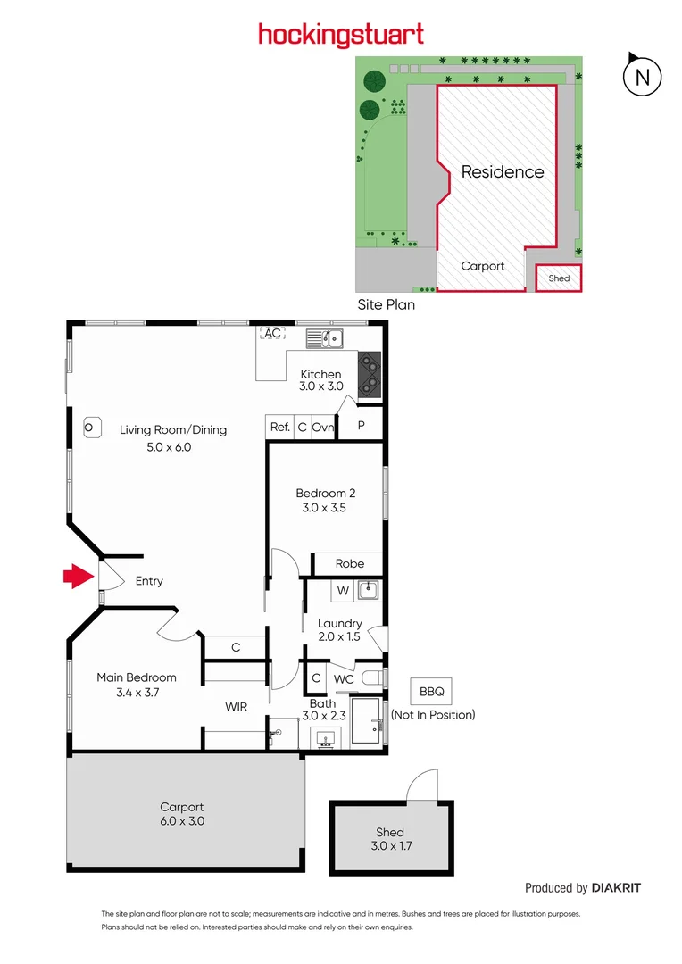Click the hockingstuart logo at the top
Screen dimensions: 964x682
[x=341, y=35]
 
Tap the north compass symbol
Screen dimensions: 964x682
[x=641, y=77]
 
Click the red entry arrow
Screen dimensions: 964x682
[x=78, y=578]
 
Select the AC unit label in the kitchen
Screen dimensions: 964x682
[x=271, y=334]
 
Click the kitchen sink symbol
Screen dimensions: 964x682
[x=325, y=338]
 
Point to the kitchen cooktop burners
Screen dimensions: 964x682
[x=370, y=375]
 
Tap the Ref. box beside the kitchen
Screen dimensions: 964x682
[x=280, y=428]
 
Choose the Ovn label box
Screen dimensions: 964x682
[x=323, y=428]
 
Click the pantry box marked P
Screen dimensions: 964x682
[x=362, y=426]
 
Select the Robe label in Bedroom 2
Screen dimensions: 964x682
[x=349, y=564]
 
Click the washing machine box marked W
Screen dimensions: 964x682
[x=342, y=590]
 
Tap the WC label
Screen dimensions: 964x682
[x=344, y=679]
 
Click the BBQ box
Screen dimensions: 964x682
[x=432, y=691]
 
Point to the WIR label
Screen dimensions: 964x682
[x=236, y=707]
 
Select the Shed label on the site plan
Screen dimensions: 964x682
[x=559, y=278]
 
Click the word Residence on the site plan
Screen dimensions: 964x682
[x=503, y=172]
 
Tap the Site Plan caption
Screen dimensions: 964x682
[x=386, y=304]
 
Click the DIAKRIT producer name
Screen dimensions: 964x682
[x=616, y=887]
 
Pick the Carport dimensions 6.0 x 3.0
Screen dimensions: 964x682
[x=182, y=821]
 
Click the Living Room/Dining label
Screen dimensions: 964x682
[x=173, y=429]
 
